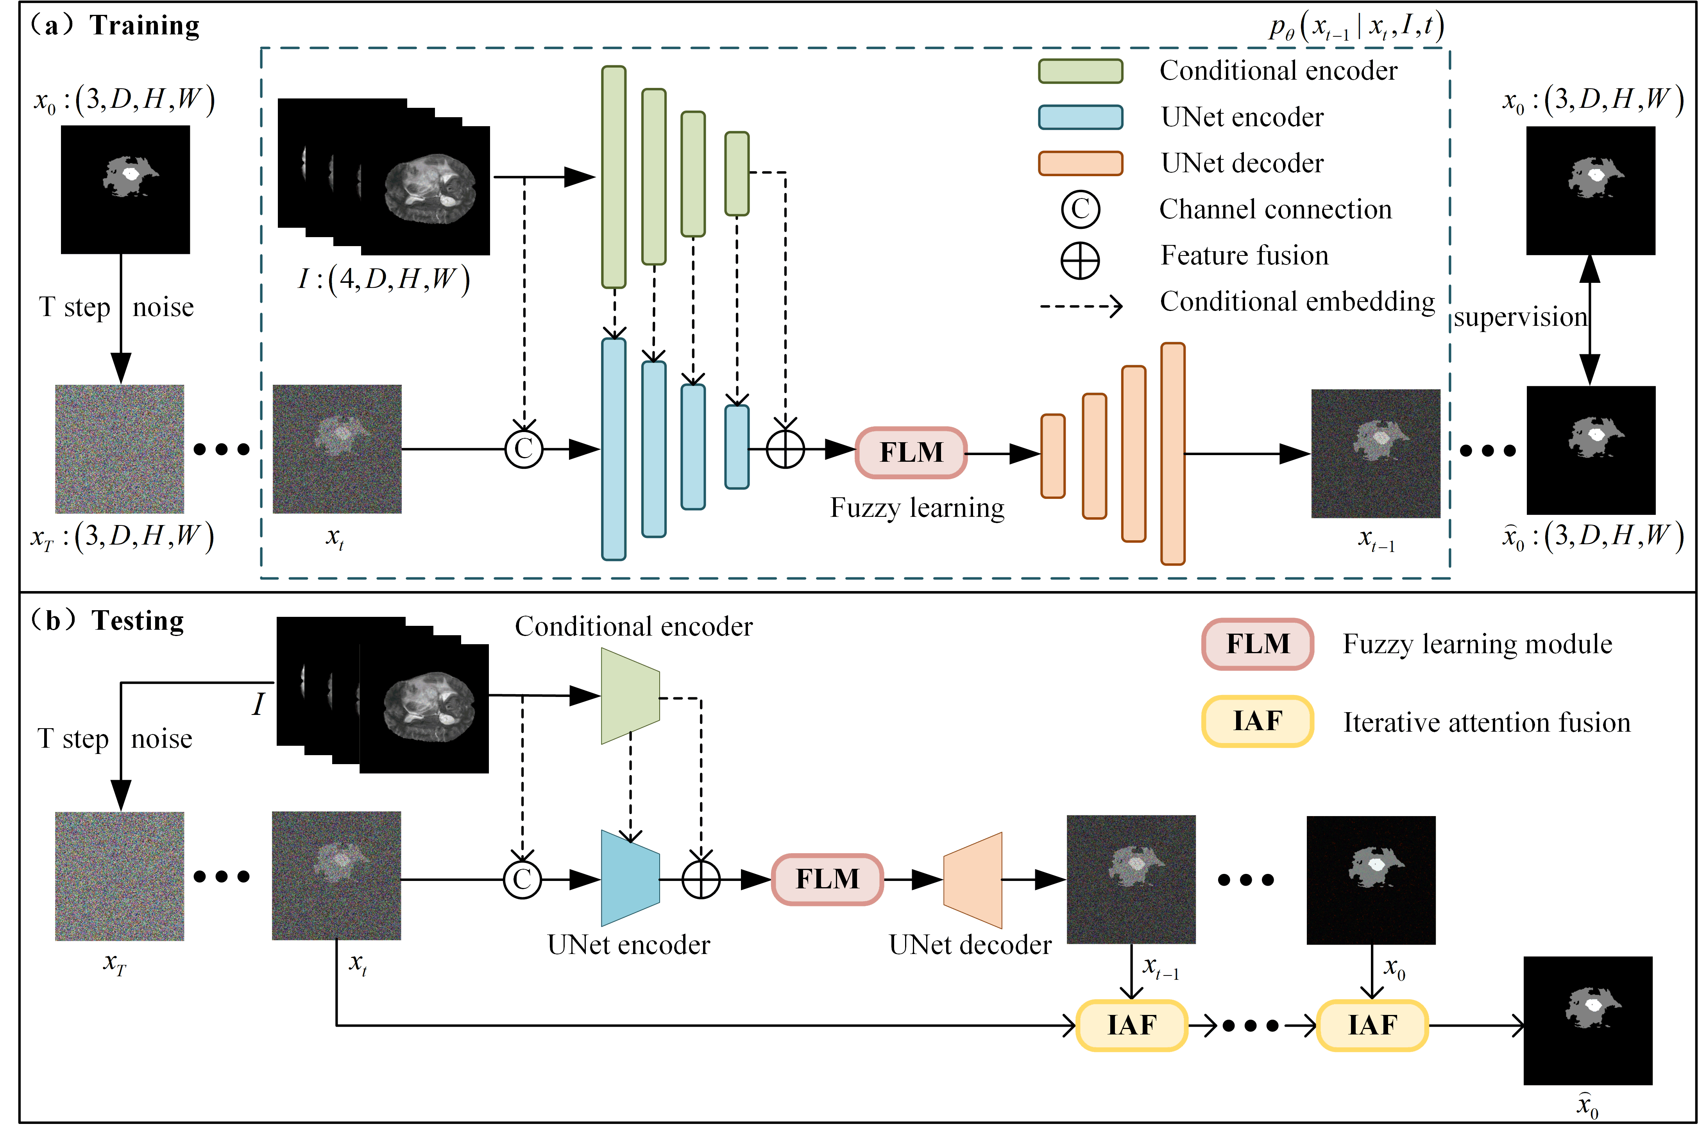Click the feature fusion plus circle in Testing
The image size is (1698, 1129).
point(701,879)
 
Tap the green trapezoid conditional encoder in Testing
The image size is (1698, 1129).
point(630,695)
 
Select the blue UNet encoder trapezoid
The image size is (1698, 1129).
point(630,879)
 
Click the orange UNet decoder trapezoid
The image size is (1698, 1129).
point(973,880)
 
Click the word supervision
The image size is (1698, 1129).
point(1519,317)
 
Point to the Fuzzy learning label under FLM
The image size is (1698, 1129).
point(917,507)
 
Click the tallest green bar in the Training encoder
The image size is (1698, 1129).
point(614,177)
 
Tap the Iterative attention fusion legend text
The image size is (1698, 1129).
point(1486,722)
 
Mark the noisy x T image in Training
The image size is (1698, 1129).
point(120,448)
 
